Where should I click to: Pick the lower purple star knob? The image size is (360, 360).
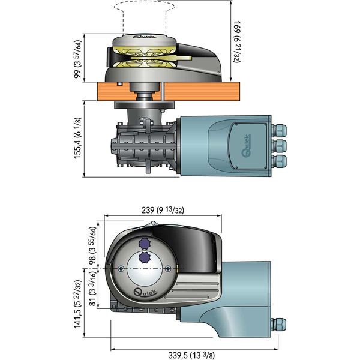(x=143, y=258)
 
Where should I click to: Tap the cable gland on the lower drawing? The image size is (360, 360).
(x=279, y=325)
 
